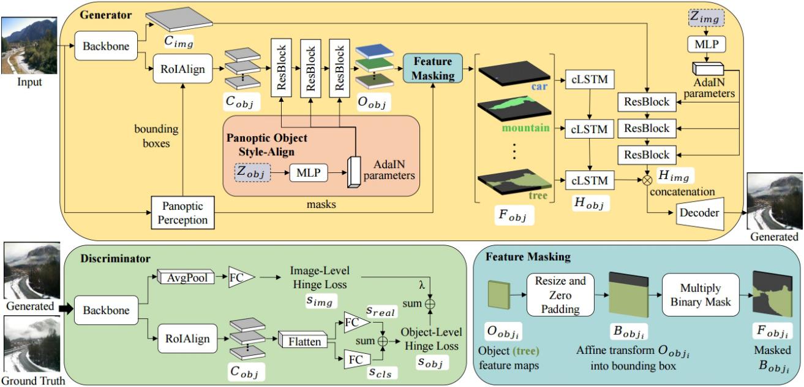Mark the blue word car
539,87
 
